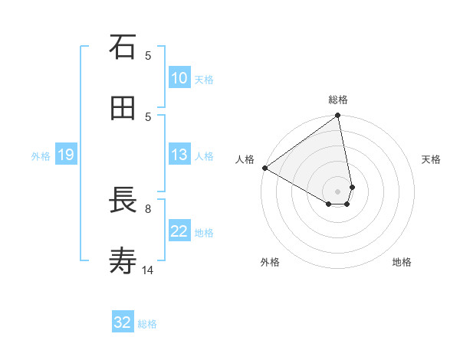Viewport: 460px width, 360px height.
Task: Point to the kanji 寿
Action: (x=123, y=262)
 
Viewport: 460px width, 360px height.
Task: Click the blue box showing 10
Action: (x=179, y=78)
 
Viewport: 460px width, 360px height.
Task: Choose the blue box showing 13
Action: (x=179, y=155)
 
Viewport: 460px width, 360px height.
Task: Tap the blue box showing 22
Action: (x=179, y=231)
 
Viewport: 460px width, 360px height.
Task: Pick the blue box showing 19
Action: (x=66, y=155)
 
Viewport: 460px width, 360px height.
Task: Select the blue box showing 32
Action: (x=123, y=322)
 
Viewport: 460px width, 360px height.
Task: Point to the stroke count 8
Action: (x=148, y=208)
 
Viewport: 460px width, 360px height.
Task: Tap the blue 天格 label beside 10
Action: (x=204, y=79)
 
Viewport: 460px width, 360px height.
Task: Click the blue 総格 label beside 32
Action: (x=147, y=323)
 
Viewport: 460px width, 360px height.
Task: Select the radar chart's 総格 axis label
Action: (x=338, y=100)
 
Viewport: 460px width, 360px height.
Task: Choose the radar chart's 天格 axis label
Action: (x=432, y=159)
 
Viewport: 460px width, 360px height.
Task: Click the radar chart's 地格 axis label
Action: (x=402, y=262)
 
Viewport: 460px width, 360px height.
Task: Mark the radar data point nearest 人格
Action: (x=264, y=168)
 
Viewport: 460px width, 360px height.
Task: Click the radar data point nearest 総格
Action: (x=338, y=116)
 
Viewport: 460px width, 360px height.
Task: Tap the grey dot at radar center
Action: (x=338, y=191)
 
